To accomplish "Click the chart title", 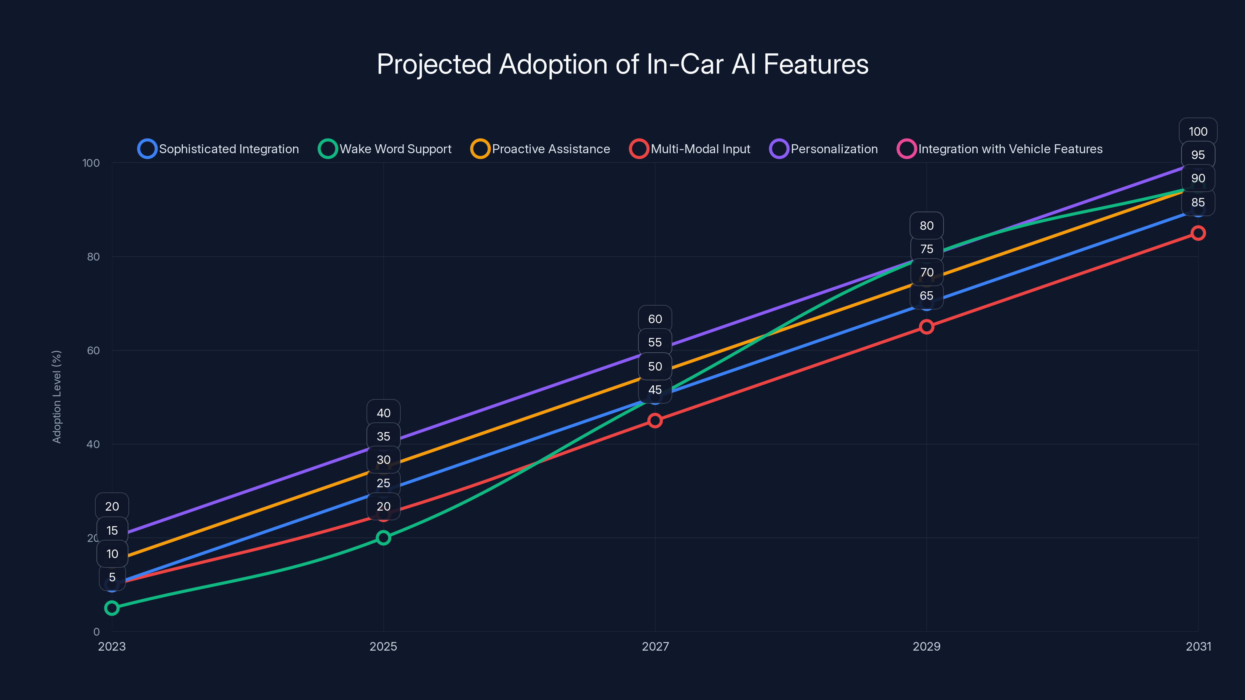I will pyautogui.click(x=622, y=64).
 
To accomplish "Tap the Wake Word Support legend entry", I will pyautogui.click(x=385, y=149).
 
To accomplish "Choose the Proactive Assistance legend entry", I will pyautogui.click(x=540, y=149).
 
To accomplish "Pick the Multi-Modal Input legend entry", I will pyautogui.click(x=690, y=149).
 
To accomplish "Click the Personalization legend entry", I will pyautogui.click(x=824, y=149).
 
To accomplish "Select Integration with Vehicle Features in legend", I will pyautogui.click(x=1000, y=149).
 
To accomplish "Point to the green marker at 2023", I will pyautogui.click(x=112, y=608).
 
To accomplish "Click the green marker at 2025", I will pyautogui.click(x=383, y=538).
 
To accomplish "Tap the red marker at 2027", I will pyautogui.click(x=655, y=421).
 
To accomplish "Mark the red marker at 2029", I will pyautogui.click(x=926, y=327).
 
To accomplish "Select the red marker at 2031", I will pyautogui.click(x=1198, y=233).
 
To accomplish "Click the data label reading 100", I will pyautogui.click(x=1198, y=131).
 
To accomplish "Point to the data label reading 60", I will pyautogui.click(x=655, y=319).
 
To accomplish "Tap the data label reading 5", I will pyautogui.click(x=112, y=577).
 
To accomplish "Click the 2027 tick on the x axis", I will pyautogui.click(x=655, y=646).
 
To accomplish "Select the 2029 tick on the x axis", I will pyautogui.click(x=926, y=646).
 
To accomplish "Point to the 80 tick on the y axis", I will pyautogui.click(x=93, y=257).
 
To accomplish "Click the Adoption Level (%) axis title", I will pyautogui.click(x=56, y=397).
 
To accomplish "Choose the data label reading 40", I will pyautogui.click(x=383, y=413).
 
